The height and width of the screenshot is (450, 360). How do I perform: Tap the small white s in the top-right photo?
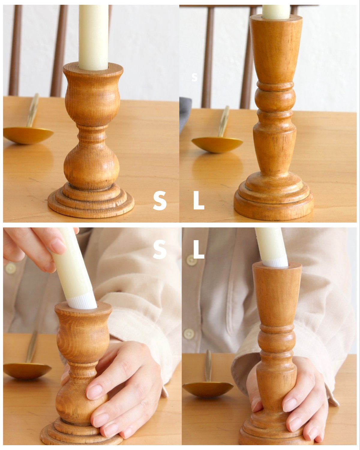click(x=194, y=77)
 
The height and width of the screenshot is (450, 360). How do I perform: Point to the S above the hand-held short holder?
click(x=160, y=249)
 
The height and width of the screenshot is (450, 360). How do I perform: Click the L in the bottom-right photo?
click(x=198, y=249)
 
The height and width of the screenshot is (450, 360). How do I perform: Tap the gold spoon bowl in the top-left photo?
click(x=28, y=135)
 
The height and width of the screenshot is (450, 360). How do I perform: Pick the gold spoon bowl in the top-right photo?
click(x=217, y=144)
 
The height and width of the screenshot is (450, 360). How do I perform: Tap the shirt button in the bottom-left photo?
click(x=10, y=268)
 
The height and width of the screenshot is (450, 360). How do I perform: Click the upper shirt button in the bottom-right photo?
click(x=192, y=260)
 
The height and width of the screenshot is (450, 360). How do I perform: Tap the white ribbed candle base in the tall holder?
click(x=275, y=262)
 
